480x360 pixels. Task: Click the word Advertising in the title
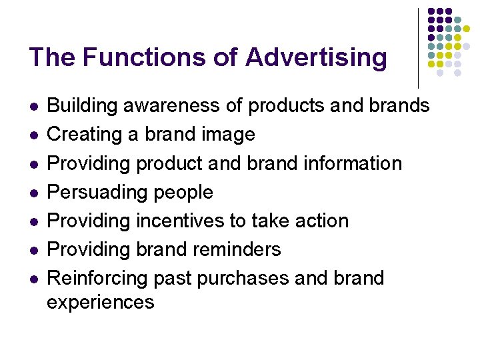(x=315, y=57)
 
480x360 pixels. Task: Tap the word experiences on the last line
(x=101, y=302)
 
